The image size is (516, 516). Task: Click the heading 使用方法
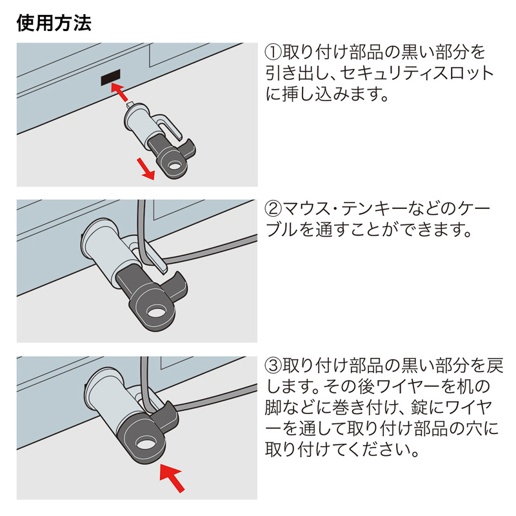54,23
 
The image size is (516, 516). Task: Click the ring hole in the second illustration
156,313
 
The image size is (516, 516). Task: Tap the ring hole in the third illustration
146,444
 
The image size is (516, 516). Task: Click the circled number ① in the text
273,52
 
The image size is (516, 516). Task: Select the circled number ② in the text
273,209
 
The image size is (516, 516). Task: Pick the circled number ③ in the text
273,366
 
